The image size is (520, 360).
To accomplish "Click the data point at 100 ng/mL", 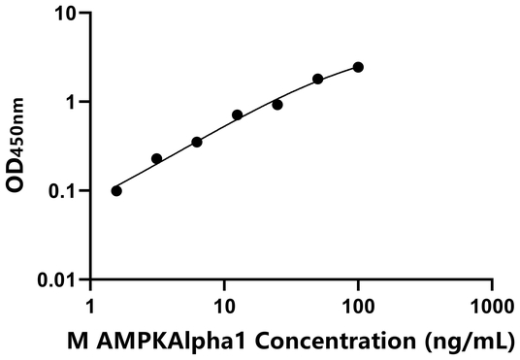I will (358, 67).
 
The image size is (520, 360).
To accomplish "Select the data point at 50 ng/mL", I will (318, 79).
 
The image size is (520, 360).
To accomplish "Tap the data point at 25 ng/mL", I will (277, 105).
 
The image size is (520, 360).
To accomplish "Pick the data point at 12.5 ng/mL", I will (238, 115).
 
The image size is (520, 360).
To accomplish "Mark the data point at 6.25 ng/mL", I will (197, 142).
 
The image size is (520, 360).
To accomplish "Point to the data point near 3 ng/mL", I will (157, 158).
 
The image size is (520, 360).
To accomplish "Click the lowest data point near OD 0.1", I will (116, 190).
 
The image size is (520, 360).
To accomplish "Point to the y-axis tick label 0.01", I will (61, 279).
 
